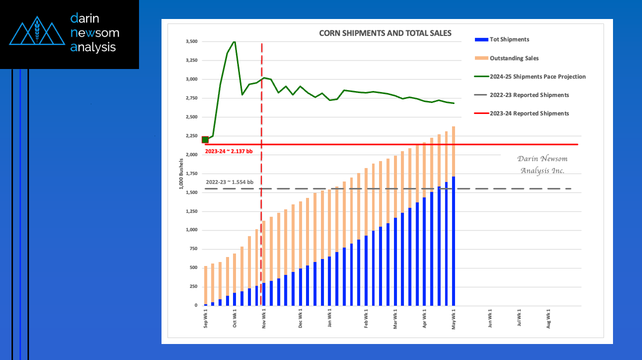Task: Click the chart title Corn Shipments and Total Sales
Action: (385, 33)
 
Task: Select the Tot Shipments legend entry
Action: (502, 39)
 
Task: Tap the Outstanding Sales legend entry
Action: (506, 58)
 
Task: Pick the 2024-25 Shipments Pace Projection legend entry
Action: (530, 76)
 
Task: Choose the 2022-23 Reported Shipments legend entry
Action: (521, 95)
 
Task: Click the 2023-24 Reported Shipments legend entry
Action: (521, 113)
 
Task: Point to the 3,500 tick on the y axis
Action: (191, 41)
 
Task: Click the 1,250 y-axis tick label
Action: (191, 211)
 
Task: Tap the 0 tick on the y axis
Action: (196, 305)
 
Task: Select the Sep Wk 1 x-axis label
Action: (205, 318)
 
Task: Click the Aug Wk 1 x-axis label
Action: (548, 318)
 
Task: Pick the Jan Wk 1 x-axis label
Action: (329, 317)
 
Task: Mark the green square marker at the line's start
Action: (205, 140)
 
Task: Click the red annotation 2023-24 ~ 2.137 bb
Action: (228, 151)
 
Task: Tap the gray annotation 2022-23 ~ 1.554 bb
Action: (229, 182)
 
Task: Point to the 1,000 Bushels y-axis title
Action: (181, 173)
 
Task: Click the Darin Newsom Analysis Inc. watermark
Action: (542, 164)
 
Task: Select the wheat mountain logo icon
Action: (37, 30)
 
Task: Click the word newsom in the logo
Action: (95, 32)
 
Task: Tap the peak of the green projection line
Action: (234, 42)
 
